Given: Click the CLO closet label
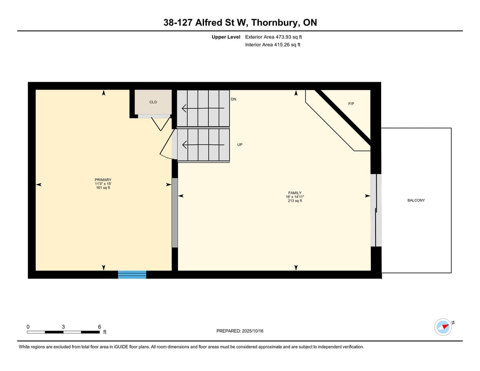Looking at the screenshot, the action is point(153,102).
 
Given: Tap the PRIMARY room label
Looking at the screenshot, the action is point(103,180).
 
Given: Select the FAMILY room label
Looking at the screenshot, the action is point(295,193).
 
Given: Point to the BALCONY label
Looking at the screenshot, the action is point(416,200).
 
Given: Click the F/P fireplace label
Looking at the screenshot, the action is point(351,104).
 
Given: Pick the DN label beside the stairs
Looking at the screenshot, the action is point(233,99).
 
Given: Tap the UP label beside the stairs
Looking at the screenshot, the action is point(240,145).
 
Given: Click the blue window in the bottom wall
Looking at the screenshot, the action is point(132,275).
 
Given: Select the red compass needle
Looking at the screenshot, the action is point(445,326).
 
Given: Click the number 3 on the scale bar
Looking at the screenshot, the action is point(63,327).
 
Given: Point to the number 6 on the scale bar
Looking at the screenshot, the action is point(100,327).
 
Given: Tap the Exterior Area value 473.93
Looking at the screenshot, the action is point(283,37).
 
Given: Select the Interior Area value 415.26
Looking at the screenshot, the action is point(282,45).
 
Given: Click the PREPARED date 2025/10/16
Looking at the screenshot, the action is point(252,331).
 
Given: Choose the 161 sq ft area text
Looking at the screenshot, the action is point(103,188).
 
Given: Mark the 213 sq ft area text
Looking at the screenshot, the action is point(295,201).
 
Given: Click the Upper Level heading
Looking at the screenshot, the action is point(226,37).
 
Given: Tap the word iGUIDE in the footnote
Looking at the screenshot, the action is point(121,347).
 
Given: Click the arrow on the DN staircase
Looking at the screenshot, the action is point(203,108).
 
